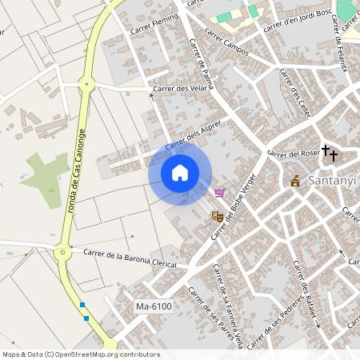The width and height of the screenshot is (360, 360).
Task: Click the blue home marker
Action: point(180,172)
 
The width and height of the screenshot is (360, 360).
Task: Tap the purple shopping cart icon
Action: point(219,192)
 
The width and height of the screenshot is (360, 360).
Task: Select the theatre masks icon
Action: point(216,215)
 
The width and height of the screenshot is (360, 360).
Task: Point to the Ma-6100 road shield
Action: point(154,306)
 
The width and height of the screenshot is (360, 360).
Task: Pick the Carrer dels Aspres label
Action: point(193,134)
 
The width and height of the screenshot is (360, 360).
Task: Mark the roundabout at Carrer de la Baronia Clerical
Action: point(61,251)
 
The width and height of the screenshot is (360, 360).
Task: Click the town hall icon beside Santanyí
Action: point(295,182)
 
